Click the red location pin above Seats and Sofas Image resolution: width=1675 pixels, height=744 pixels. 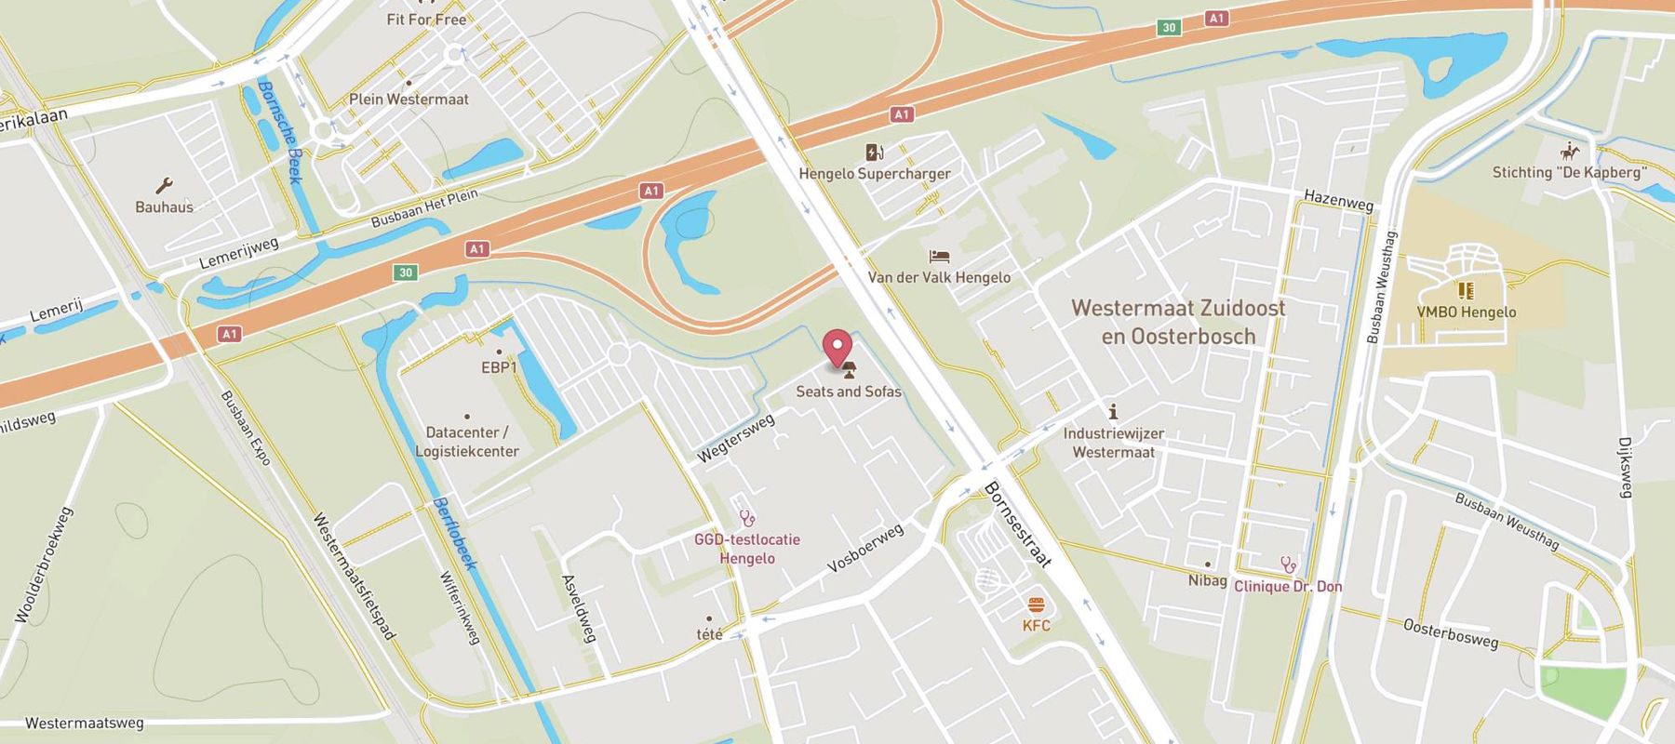pyautogui.click(x=838, y=348)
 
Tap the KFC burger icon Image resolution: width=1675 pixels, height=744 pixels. pyautogui.click(x=1036, y=605)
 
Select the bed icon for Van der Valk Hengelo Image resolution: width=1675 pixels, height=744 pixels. pyautogui.click(x=939, y=256)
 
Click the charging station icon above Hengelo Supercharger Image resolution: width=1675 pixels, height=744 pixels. pyautogui.click(x=874, y=153)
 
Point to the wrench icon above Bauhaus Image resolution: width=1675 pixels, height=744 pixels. pyautogui.click(x=164, y=186)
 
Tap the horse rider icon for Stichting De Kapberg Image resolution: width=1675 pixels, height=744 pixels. pyautogui.click(x=1570, y=152)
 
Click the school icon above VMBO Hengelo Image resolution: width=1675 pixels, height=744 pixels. pyautogui.click(x=1466, y=291)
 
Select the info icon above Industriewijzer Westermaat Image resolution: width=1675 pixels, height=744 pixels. pyautogui.click(x=1113, y=412)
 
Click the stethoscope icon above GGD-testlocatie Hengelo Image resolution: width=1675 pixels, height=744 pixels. pyautogui.click(x=746, y=518)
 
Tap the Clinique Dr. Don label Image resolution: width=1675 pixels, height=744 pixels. pyautogui.click(x=1288, y=586)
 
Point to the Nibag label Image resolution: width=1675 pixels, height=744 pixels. pyautogui.click(x=1207, y=580)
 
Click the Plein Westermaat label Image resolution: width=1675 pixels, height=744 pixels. pyautogui.click(x=409, y=99)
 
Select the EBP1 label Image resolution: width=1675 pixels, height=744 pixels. pyautogui.click(x=499, y=367)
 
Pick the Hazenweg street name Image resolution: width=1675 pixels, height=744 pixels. pyautogui.click(x=1338, y=200)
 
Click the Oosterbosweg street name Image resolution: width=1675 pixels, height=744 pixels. pyautogui.click(x=1451, y=633)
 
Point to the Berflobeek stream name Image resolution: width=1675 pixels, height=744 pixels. pyautogui.click(x=455, y=535)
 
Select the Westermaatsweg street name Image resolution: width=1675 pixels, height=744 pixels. pyautogui.click(x=84, y=723)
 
